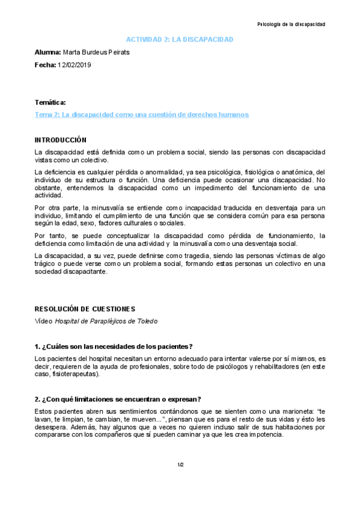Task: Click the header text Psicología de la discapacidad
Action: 291,25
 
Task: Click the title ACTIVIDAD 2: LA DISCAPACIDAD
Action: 179,39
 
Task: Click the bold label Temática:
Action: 50,103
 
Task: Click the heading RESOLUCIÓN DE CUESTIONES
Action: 85,309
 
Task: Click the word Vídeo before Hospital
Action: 44,321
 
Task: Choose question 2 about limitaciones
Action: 118,399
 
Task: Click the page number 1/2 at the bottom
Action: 180,465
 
